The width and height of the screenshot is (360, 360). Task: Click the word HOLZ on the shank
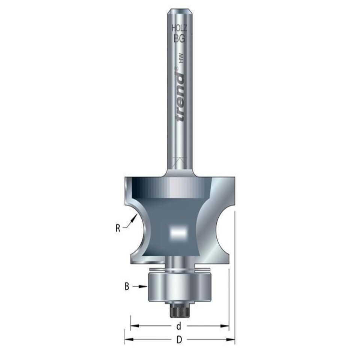179,28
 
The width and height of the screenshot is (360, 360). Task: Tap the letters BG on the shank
179,37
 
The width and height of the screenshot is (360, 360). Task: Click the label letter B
127,287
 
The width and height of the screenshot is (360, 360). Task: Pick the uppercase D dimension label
179,340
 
